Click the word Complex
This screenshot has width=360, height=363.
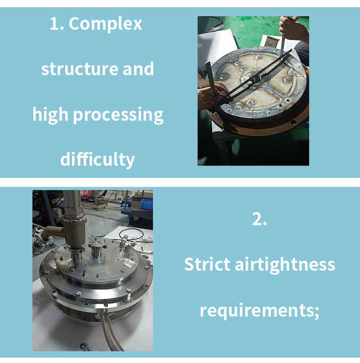coord(105,24)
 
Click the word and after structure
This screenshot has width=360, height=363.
coord(138,68)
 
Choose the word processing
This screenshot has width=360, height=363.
coord(118,115)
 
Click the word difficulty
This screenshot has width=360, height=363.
coord(97,159)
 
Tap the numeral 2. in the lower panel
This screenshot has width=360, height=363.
coord(259,219)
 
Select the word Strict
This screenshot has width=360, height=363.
coord(207,264)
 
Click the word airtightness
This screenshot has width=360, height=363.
coord(285,265)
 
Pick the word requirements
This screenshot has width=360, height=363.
coord(257,310)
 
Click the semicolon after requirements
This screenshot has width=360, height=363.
coord(317,312)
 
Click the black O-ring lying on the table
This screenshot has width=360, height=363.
coord(131,234)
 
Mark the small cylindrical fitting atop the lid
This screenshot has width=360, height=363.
coord(95,249)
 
